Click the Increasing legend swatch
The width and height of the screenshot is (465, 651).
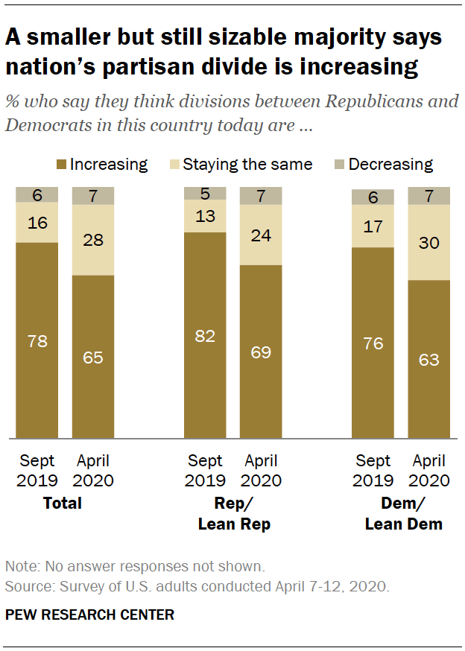[x=62, y=165]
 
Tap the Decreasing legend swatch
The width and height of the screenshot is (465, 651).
[x=341, y=165]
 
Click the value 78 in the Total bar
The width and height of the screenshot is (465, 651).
[x=37, y=341]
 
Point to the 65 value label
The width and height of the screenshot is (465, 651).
[x=93, y=358]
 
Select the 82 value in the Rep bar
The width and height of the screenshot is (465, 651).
[x=205, y=336]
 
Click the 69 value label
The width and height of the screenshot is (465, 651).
[x=261, y=352]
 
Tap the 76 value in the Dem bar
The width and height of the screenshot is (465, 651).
[x=373, y=343]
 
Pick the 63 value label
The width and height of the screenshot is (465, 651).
[x=428, y=360]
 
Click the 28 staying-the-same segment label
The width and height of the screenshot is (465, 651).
[x=93, y=240]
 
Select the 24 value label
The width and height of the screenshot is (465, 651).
[x=261, y=235]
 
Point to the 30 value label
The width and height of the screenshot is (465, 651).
[x=428, y=243]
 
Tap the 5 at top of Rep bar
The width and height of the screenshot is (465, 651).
[x=205, y=194]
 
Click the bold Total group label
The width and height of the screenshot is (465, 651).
[x=63, y=504]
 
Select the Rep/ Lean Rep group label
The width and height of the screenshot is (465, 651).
[x=233, y=514]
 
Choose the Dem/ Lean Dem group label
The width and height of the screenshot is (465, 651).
[x=403, y=514]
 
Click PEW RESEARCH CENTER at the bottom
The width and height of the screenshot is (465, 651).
[x=90, y=615]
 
